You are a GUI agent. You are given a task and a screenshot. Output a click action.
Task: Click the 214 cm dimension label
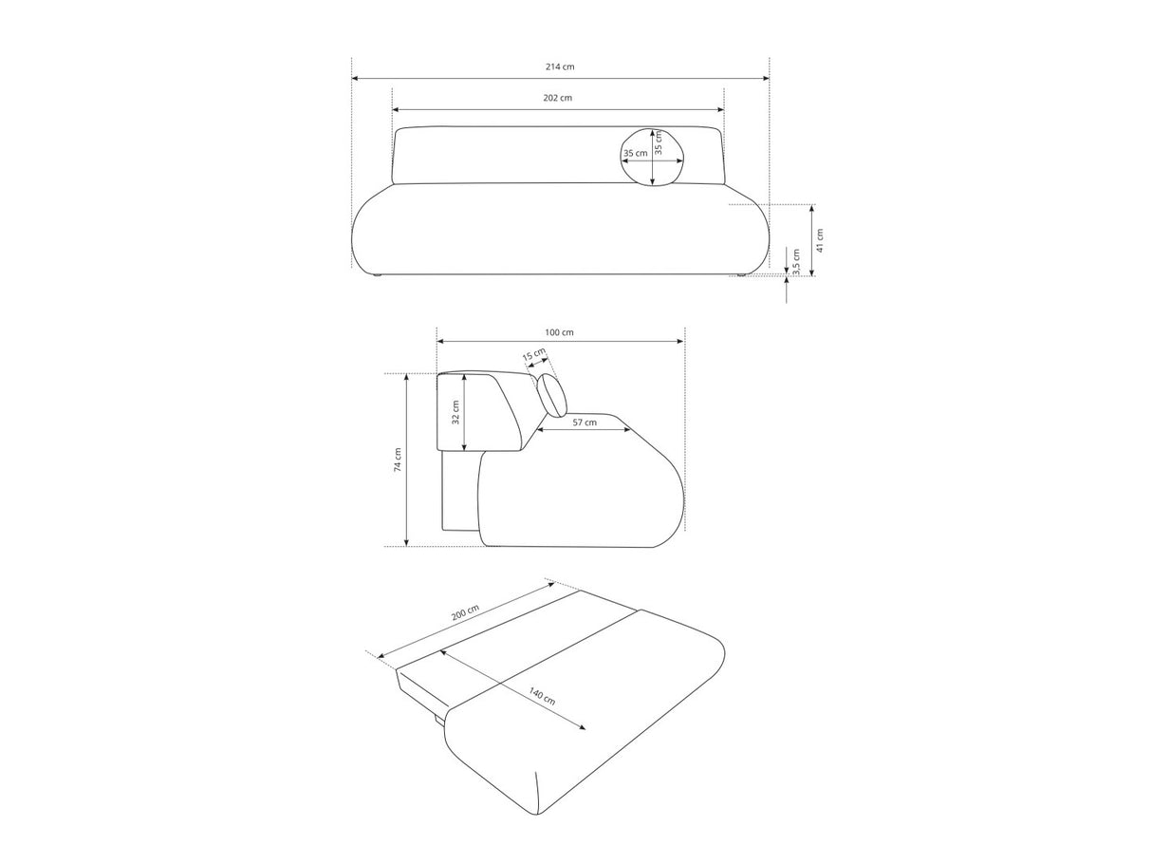(560, 66)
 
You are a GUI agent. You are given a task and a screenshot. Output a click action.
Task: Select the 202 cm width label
(557, 98)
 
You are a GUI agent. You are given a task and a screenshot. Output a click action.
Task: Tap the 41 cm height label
(820, 240)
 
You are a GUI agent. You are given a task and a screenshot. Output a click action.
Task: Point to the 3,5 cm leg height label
(796, 262)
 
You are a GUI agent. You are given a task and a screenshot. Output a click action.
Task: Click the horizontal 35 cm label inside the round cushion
(635, 153)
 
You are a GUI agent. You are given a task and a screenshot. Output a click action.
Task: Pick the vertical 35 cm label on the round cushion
(659, 142)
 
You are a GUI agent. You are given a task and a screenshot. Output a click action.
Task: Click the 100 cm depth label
(559, 332)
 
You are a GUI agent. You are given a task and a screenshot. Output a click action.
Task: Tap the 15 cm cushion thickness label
(534, 355)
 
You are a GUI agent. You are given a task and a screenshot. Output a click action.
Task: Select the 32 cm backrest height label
(455, 412)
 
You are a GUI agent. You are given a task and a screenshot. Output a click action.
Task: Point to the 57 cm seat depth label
(585, 422)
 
